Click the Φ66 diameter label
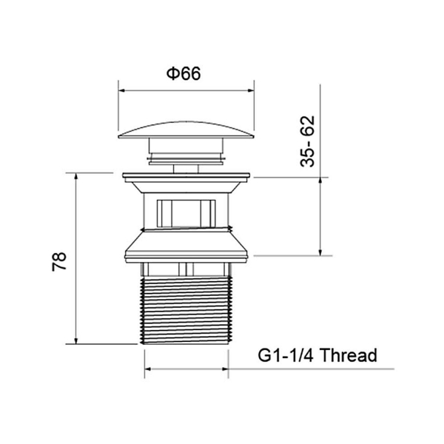184,73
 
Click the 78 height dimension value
59,261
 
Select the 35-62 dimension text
307,141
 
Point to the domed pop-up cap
186,130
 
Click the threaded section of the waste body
186,311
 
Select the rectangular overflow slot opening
186,213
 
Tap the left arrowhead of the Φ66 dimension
122,90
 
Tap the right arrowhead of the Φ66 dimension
251,90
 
